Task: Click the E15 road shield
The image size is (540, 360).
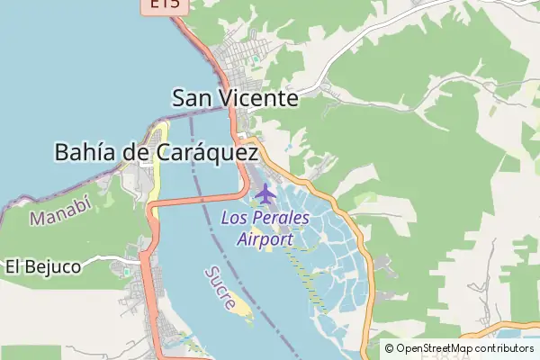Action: pos(164,5)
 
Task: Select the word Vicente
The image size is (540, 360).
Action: pos(261,97)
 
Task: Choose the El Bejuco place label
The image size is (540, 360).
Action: pos(43,266)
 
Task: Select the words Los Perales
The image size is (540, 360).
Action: pos(265,219)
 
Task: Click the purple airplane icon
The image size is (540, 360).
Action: pos(265,192)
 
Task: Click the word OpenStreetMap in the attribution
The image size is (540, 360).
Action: pos(435,348)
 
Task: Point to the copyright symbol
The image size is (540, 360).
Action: pos(390,348)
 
